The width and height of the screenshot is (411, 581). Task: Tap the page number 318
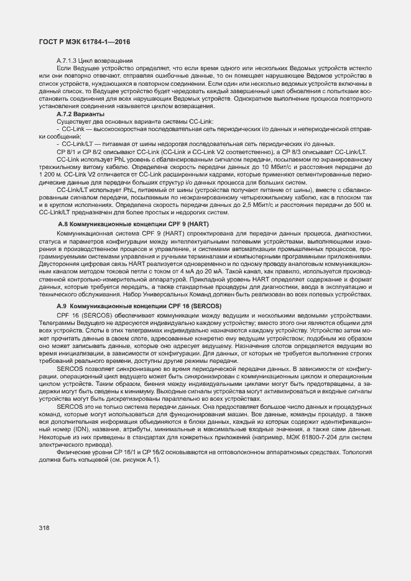point(44,528)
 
